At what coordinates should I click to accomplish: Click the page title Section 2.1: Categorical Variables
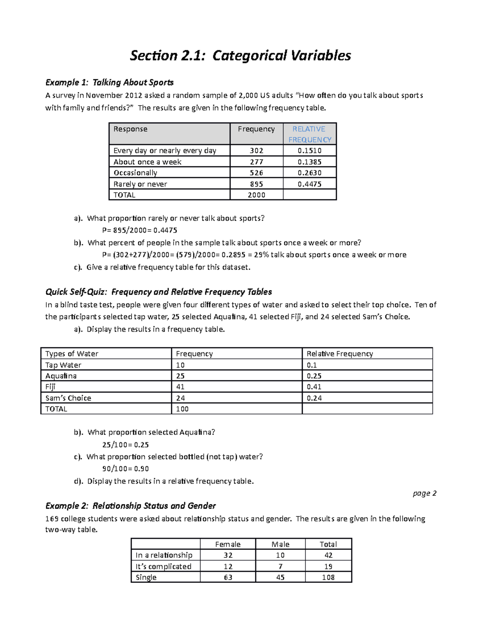(x=240, y=56)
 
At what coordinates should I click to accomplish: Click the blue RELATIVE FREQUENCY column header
(x=310, y=134)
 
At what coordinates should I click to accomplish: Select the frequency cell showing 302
(x=256, y=151)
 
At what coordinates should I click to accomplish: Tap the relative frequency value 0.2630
(x=310, y=173)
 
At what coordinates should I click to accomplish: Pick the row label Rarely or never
(x=140, y=184)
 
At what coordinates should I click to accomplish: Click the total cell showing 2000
(x=256, y=195)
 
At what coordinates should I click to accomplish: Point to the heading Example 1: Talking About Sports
(x=109, y=83)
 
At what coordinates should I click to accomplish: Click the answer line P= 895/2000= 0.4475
(x=140, y=231)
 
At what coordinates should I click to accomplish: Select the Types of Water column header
(x=72, y=354)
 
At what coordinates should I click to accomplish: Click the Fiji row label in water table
(x=50, y=387)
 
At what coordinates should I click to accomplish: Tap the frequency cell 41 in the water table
(x=180, y=387)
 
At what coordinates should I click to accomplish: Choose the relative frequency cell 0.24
(x=314, y=398)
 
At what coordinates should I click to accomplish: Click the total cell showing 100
(x=182, y=409)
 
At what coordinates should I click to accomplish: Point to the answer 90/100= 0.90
(x=126, y=469)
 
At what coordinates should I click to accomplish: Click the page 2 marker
(x=425, y=493)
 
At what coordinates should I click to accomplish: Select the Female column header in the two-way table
(x=228, y=544)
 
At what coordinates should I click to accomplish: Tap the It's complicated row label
(x=163, y=566)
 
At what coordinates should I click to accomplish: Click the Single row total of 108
(x=328, y=577)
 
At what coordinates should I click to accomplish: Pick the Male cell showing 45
(x=280, y=577)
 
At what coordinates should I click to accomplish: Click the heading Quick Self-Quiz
(x=159, y=292)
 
